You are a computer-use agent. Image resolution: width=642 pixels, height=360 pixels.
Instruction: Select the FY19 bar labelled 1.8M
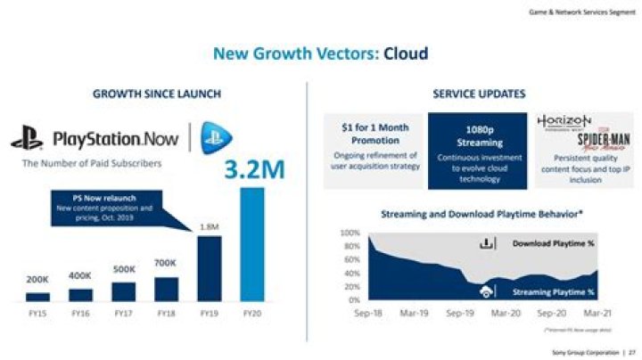209,268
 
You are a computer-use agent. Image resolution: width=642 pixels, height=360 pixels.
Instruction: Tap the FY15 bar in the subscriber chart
37,296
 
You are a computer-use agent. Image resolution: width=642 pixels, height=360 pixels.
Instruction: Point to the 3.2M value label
254,169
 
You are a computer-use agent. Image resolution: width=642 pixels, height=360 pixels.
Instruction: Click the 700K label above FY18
167,263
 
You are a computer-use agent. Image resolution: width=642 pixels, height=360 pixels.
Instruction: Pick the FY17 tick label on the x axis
124,314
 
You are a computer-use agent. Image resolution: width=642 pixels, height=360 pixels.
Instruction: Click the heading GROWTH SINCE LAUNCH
157,94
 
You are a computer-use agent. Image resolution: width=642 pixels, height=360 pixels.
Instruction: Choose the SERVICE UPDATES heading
478,94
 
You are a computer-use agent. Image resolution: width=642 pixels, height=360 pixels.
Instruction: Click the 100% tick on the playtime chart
349,232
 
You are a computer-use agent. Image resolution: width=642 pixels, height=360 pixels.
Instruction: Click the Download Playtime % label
554,242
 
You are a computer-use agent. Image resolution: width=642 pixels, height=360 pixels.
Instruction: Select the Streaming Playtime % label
554,291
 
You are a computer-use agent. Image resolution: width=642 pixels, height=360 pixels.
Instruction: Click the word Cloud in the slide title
406,54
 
